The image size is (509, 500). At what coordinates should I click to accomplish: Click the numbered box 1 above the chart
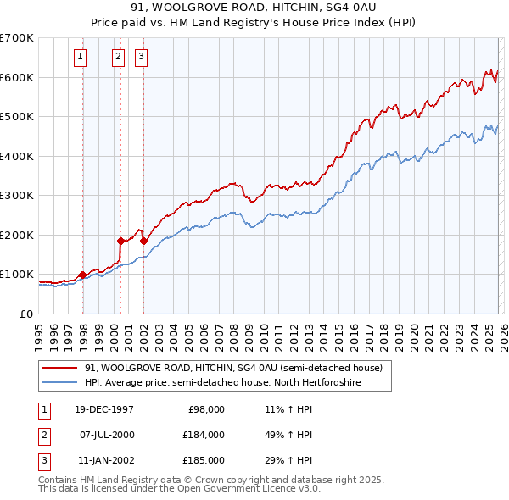pyautogui.click(x=80, y=58)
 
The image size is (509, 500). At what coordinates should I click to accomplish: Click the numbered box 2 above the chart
pyautogui.click(x=118, y=58)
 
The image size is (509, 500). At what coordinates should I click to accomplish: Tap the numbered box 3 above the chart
pyautogui.click(x=141, y=58)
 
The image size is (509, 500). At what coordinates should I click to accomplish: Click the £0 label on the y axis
pyautogui.click(x=26, y=314)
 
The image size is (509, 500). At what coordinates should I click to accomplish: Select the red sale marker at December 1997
pyautogui.click(x=82, y=275)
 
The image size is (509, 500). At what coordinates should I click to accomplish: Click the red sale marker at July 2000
pyautogui.click(x=120, y=241)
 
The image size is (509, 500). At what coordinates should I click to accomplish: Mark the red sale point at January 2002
pyautogui.click(x=143, y=241)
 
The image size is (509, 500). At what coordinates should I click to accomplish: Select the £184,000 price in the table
pyautogui.click(x=204, y=435)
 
